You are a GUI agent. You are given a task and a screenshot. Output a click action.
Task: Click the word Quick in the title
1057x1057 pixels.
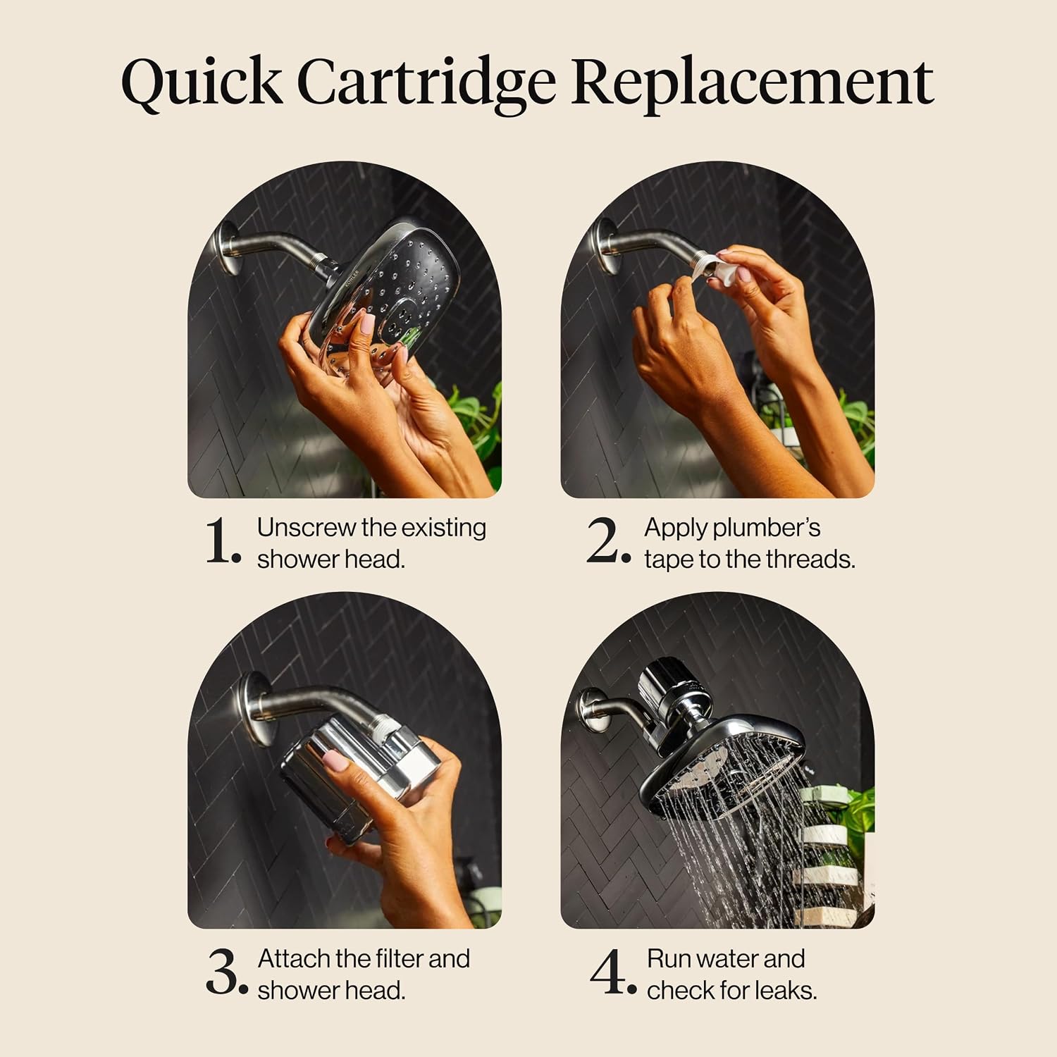click(x=202, y=83)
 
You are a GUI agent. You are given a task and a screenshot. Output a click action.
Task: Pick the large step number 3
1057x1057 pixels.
click(x=227, y=972)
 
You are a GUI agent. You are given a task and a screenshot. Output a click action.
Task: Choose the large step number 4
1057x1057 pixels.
click(x=612, y=972)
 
